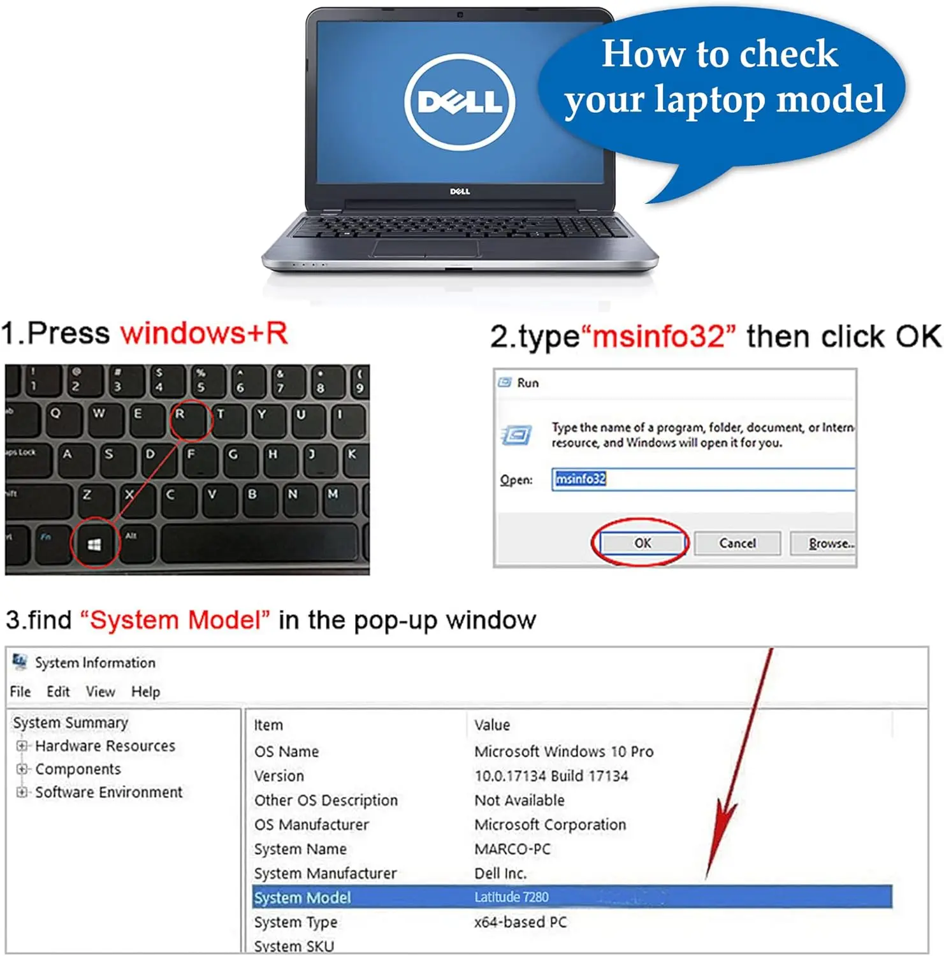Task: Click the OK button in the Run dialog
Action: coord(642,543)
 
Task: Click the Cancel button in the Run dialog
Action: coord(737,544)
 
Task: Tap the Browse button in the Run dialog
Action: coord(824,544)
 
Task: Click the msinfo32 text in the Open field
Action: coord(580,479)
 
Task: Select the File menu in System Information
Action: coord(20,692)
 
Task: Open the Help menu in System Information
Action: coord(146,692)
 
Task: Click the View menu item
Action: coord(101,692)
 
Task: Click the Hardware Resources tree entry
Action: coord(105,746)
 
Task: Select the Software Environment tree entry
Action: coord(109,792)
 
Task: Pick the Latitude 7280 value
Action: coord(511,897)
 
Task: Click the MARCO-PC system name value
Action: coord(512,849)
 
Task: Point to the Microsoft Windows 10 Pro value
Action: coord(564,751)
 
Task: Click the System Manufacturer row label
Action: coord(325,873)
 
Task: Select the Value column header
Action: coord(492,725)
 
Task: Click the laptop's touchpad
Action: coord(426,249)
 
